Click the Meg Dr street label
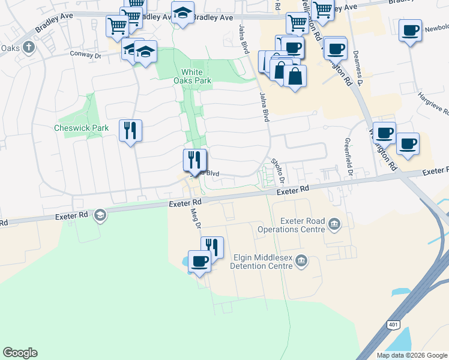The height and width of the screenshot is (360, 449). pos(194,218)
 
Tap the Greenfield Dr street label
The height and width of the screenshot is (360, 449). pos(348,158)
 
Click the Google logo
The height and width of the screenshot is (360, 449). pos(20,353)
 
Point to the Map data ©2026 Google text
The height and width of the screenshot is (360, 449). pos(412,355)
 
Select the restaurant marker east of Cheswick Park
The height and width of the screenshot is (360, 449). pos(130,130)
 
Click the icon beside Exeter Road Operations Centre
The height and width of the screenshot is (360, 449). pos(334,225)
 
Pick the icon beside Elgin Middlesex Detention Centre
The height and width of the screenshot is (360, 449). pos(301,261)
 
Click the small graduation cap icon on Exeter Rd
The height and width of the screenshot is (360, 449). pos(100,214)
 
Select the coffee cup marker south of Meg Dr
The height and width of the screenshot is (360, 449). pos(199,262)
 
